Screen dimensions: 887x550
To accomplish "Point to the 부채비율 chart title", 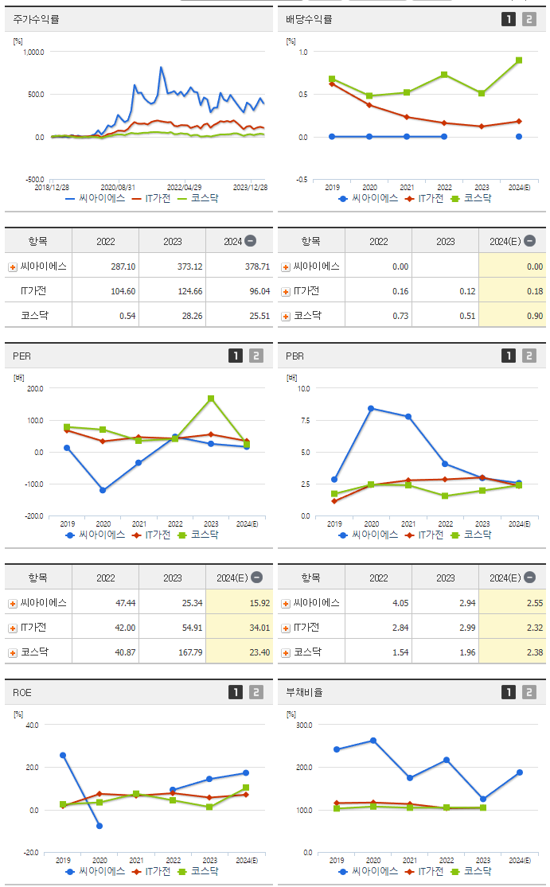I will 305,692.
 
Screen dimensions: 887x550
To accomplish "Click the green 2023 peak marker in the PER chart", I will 211,399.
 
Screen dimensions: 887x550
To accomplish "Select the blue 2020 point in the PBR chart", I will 371,408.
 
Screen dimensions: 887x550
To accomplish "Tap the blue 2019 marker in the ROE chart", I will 63,755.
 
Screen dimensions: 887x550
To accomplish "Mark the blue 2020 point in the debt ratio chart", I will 373,741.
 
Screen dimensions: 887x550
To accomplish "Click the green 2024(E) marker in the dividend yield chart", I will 519,60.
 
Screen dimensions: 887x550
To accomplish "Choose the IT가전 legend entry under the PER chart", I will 151,535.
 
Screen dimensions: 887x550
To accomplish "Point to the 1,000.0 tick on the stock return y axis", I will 33,52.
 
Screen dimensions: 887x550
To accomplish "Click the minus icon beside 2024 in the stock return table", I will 250,241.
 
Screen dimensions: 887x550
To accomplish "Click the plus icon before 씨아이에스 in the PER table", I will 13,603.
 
